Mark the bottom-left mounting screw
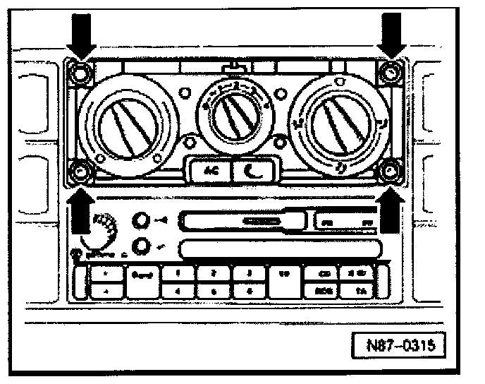(80, 170)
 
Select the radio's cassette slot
(240, 223)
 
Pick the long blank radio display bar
(282, 248)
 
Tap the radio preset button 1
(179, 272)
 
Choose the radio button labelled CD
(324, 272)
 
